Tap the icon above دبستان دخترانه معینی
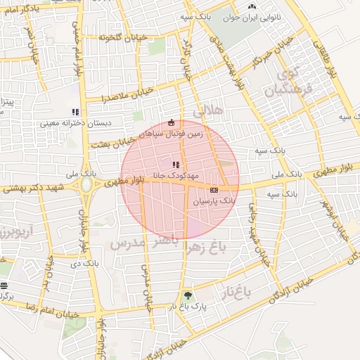75,112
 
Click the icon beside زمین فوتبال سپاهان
170,123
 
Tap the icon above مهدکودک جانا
175,165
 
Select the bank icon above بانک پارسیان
214,189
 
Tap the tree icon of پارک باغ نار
187,295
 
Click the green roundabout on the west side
86,185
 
